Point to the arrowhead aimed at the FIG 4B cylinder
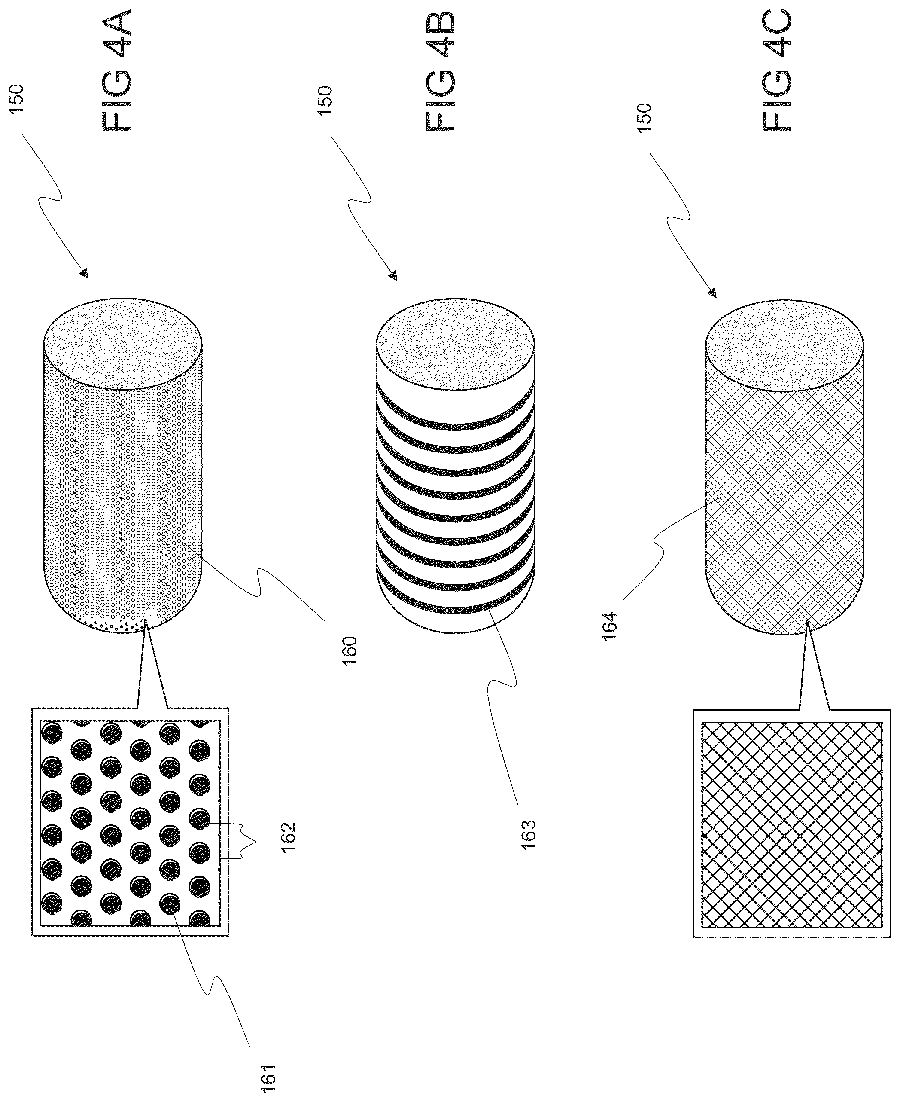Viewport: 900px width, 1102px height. click(393, 275)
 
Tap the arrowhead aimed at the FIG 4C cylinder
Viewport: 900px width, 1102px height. click(712, 293)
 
